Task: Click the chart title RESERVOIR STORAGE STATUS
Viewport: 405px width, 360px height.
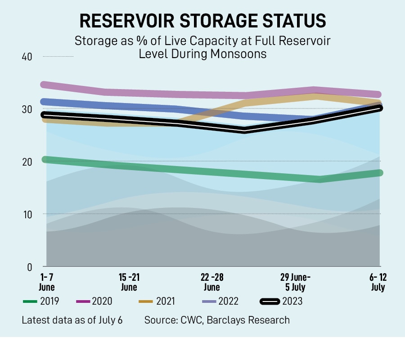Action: [x=202, y=21]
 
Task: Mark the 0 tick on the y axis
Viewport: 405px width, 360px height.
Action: [x=30, y=267]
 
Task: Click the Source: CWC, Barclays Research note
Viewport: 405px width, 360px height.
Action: [x=217, y=320]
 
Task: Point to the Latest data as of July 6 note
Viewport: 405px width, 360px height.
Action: [x=72, y=320]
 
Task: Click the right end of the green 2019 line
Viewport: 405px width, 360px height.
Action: [x=380, y=173]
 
